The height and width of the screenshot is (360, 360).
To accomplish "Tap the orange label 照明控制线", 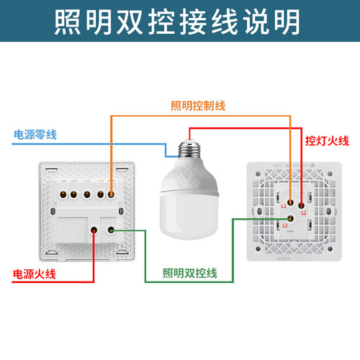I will pos(199,106).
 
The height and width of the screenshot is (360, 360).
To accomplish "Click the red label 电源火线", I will pos(33,274).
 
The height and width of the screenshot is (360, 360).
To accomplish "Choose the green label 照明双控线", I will pos(190,274).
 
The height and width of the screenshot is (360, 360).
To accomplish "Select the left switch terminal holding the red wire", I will pos(94,230).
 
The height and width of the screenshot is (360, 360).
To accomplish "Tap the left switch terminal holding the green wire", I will pos(112,230).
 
